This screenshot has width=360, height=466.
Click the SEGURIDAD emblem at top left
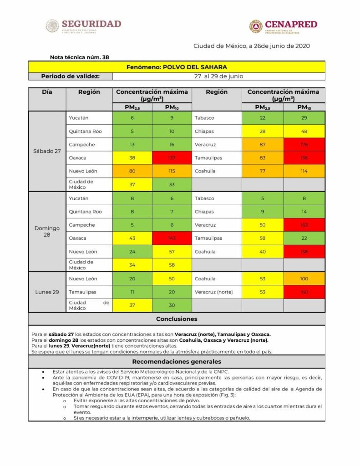tap(52, 25)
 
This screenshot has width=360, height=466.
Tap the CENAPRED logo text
tap(290, 24)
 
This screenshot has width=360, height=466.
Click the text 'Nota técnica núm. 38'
tap(79, 57)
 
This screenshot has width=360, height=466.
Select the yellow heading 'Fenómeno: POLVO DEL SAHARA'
tap(177, 67)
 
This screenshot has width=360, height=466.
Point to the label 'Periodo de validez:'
tap(71, 76)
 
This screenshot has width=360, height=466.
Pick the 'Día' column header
tap(47, 92)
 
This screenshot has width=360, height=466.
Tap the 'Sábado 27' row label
tap(47, 151)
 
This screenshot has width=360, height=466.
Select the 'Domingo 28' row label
tap(47, 231)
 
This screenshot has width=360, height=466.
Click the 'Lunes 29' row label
tap(47, 292)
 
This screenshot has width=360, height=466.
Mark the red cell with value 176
tap(304, 145)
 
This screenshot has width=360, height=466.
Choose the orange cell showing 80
tap(132, 171)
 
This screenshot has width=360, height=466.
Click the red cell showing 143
tap(171, 238)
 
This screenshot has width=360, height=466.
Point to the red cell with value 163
tap(304, 225)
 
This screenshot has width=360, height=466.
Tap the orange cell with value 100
tap(304, 279)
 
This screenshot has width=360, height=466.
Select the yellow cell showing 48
tap(304, 132)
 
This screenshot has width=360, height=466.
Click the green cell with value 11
tap(132, 292)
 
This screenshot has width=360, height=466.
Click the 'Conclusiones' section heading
tap(177, 319)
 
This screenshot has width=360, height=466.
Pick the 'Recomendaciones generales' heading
tap(177, 362)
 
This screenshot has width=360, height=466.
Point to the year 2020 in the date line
tap(302, 46)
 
